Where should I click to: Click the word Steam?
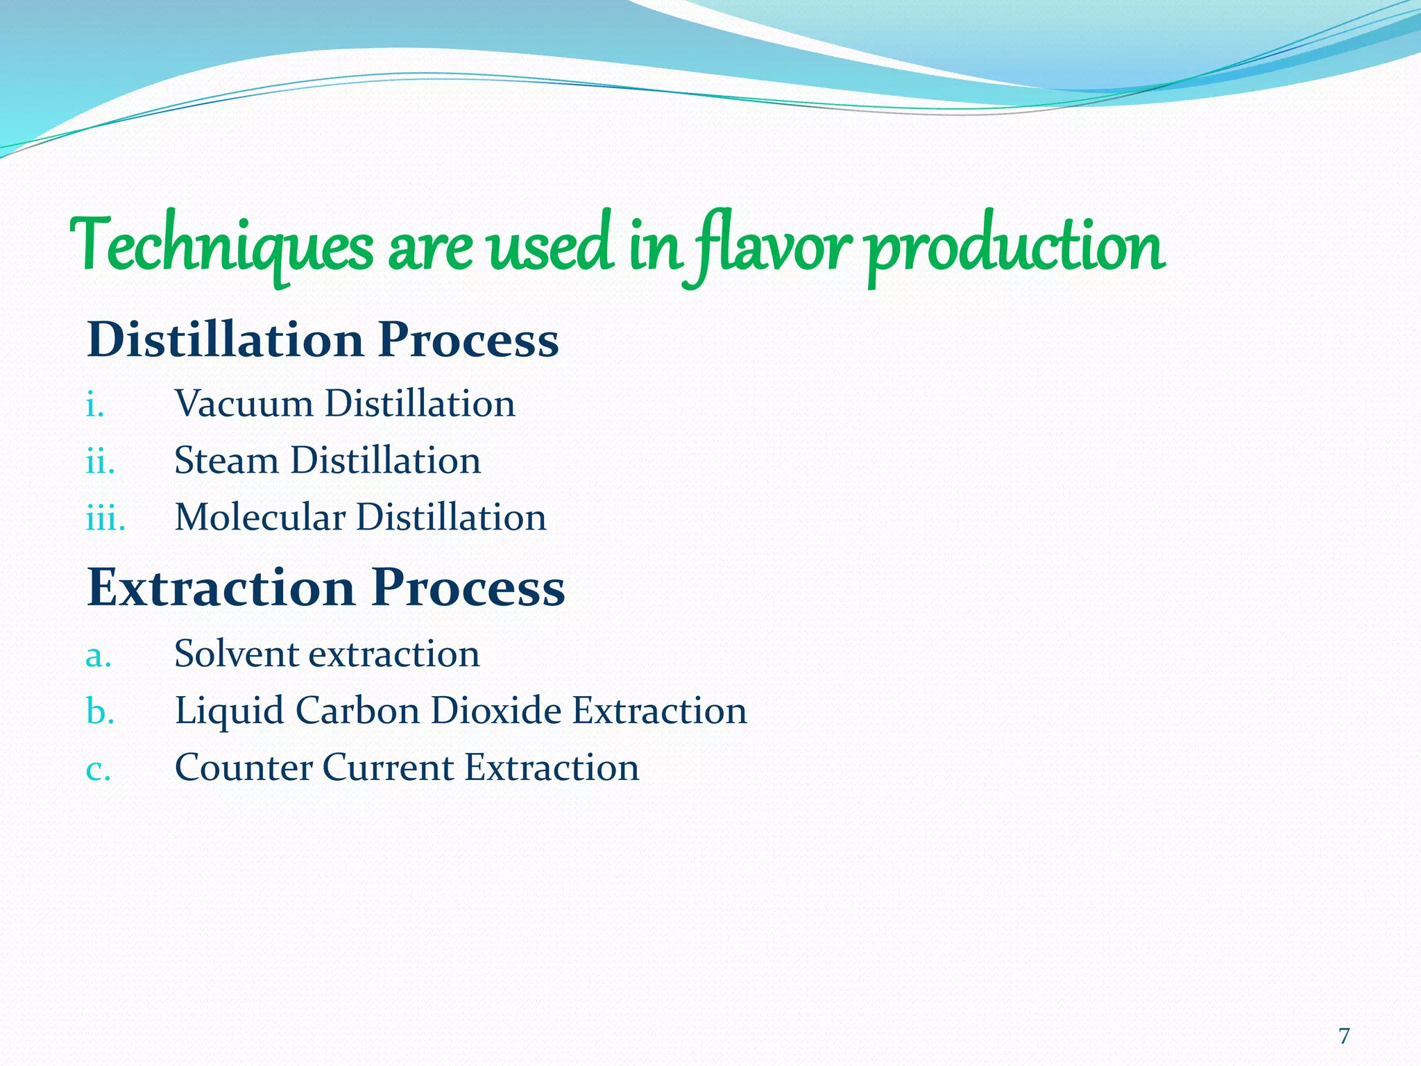pyautogui.click(x=226, y=461)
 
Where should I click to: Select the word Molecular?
pyautogui.click(x=260, y=518)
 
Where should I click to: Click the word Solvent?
pyautogui.click(x=236, y=654)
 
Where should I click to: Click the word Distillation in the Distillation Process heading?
pyautogui.click(x=225, y=340)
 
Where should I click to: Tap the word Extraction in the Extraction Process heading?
pyautogui.click(x=221, y=587)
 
